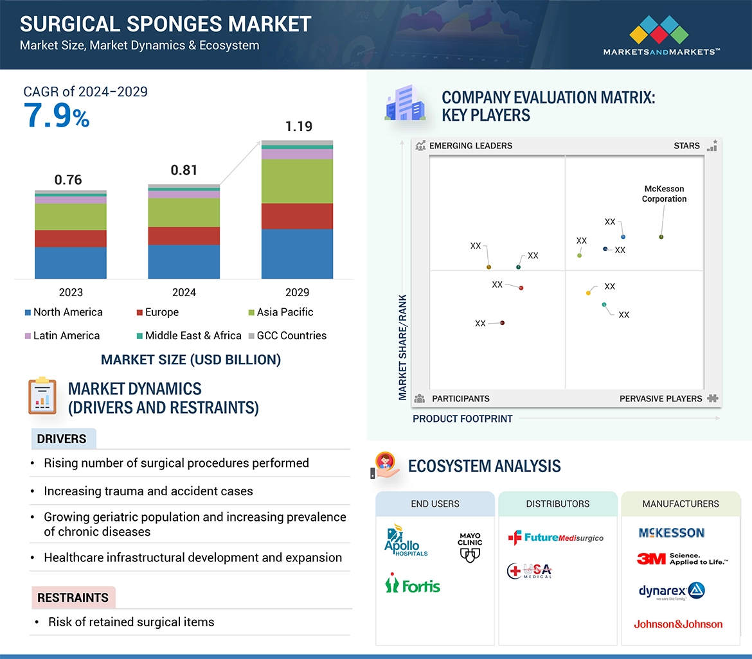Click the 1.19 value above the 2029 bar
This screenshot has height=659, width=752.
click(298, 127)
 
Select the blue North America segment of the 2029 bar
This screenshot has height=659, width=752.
click(297, 254)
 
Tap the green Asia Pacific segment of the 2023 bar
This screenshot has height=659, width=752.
click(71, 217)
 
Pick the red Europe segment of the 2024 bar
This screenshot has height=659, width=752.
click(184, 236)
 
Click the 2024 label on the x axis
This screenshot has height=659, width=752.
click(184, 292)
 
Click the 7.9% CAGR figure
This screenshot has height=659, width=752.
click(57, 117)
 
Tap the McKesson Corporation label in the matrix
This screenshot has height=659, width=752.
click(664, 194)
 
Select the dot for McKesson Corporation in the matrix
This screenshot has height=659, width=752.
click(661, 237)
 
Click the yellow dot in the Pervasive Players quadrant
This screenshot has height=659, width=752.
click(588, 293)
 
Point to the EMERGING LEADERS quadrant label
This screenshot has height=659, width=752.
click(470, 146)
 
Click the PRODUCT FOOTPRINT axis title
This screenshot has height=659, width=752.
click(462, 419)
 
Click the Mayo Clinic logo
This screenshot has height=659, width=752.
click(470, 547)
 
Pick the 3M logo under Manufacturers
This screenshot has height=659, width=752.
click(681, 559)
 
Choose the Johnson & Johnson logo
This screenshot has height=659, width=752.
click(678, 624)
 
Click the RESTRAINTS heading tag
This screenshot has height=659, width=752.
click(73, 597)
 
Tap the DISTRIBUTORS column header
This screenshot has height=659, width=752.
click(558, 504)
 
